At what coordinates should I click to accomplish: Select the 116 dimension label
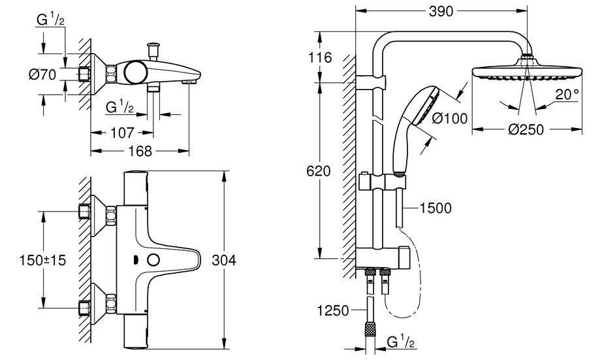click(320, 57)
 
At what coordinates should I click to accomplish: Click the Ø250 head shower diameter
click(526, 130)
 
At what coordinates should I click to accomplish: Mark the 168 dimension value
click(139, 151)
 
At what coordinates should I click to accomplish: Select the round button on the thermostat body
click(154, 259)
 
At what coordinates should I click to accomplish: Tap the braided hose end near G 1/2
click(370, 333)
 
